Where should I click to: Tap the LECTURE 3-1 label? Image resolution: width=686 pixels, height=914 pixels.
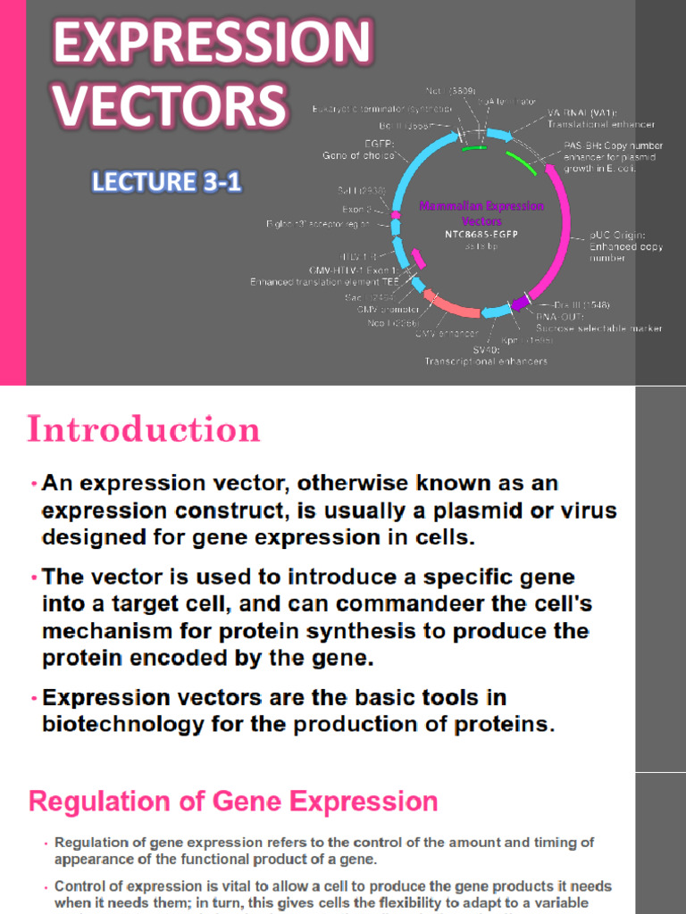166,183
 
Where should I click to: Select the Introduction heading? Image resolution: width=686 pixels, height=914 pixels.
144,430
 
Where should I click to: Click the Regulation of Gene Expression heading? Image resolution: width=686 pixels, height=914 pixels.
233,801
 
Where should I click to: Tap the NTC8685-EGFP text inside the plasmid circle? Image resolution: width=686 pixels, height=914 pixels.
481,235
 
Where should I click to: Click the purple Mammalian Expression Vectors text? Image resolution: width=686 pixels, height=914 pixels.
481,213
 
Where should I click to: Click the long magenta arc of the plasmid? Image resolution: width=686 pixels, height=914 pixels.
561,232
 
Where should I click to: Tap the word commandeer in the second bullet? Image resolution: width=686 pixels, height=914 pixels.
410,604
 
